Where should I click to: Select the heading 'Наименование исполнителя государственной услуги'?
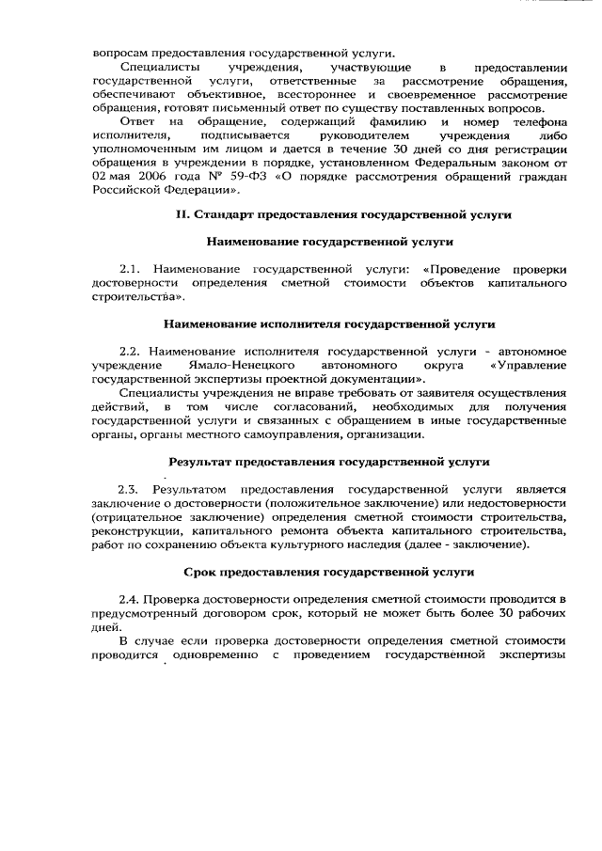pos(329,324)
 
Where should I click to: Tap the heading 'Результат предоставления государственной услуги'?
pos(329,463)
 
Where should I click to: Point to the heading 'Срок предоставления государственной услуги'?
pos(328,572)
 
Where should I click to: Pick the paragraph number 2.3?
pos(130,490)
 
